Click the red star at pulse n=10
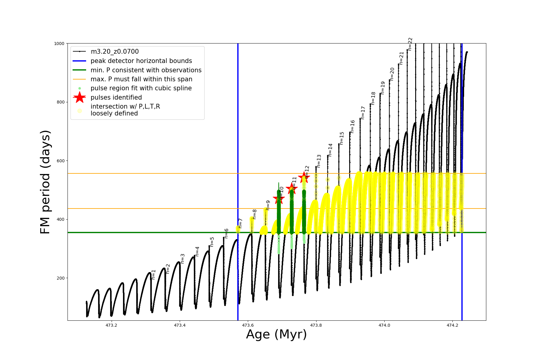coord(279,198)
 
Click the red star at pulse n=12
coord(304,177)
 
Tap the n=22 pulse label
coord(410,44)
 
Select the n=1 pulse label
coord(153,274)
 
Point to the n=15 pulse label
coord(342,138)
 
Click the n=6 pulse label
coord(226,233)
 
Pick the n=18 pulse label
coord(373,98)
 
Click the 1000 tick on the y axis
coord(59,43)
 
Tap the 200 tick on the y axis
coord(61,278)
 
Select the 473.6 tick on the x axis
coord(248,325)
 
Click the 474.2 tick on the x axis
coord(452,325)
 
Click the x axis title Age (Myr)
coord(276,334)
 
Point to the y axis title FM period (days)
coord(45,182)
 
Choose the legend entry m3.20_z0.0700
coord(115,52)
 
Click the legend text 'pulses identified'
coord(116,97)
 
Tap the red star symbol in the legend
coord(79,97)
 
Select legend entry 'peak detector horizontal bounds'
coord(141,61)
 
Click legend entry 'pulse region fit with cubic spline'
coord(141,88)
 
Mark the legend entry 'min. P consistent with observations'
coord(146,70)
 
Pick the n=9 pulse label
coord(268,205)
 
